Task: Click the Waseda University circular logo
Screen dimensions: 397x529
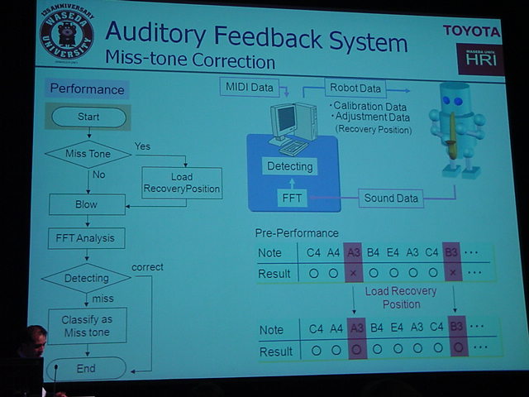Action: click(67, 35)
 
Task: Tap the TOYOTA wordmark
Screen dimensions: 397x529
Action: click(472, 31)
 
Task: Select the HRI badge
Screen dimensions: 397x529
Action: click(479, 59)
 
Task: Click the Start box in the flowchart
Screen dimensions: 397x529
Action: click(88, 117)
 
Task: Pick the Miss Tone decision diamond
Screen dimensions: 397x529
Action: click(88, 153)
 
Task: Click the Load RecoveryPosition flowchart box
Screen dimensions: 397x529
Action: click(182, 183)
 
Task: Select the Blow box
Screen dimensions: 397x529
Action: click(87, 204)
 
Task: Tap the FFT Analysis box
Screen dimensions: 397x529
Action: click(86, 239)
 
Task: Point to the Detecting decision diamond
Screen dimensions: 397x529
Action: click(86, 278)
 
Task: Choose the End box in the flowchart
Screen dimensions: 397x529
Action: click(86, 368)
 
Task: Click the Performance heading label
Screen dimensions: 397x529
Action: click(87, 89)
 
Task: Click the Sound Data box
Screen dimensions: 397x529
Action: click(390, 198)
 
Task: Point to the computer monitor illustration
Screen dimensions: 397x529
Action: click(287, 120)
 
